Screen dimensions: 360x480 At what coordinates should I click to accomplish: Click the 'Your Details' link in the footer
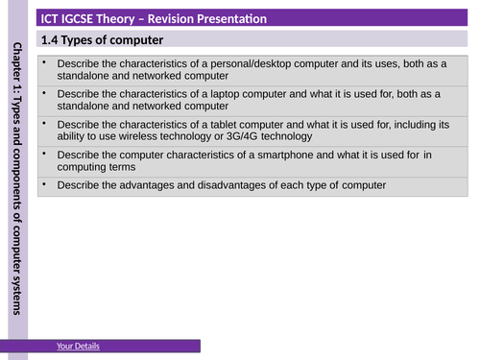pos(78,346)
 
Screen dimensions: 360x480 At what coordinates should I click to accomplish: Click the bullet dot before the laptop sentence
pos(44,92)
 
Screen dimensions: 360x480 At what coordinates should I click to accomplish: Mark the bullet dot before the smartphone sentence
pos(44,154)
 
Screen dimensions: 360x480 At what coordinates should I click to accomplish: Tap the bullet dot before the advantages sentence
pos(44,184)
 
